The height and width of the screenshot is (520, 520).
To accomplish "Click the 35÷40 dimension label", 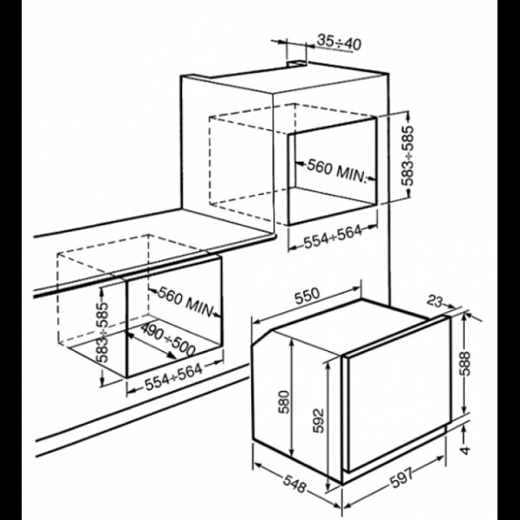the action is [339, 42].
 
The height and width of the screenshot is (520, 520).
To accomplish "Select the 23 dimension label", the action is [434, 301].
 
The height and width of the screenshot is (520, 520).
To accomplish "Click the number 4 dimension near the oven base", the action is [466, 450].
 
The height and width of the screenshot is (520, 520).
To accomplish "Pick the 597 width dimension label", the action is [401, 478].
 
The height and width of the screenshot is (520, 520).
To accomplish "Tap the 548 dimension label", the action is [295, 484].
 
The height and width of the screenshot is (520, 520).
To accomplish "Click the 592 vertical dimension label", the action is [318, 420].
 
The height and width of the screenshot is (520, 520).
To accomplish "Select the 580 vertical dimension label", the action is [284, 402].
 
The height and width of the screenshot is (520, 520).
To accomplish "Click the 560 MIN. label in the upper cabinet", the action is [336, 171].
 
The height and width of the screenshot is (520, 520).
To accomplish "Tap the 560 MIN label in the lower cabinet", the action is [185, 301].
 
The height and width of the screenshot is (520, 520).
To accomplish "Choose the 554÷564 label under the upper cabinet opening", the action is [333, 237].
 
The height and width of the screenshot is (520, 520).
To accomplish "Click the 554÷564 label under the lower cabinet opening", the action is [173, 377].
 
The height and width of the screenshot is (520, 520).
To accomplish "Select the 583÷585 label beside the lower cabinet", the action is [102, 332].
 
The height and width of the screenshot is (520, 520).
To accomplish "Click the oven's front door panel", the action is [398, 393].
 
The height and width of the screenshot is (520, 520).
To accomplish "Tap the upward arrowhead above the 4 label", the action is [465, 429].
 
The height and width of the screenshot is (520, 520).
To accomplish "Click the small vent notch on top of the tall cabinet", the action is [296, 62].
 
